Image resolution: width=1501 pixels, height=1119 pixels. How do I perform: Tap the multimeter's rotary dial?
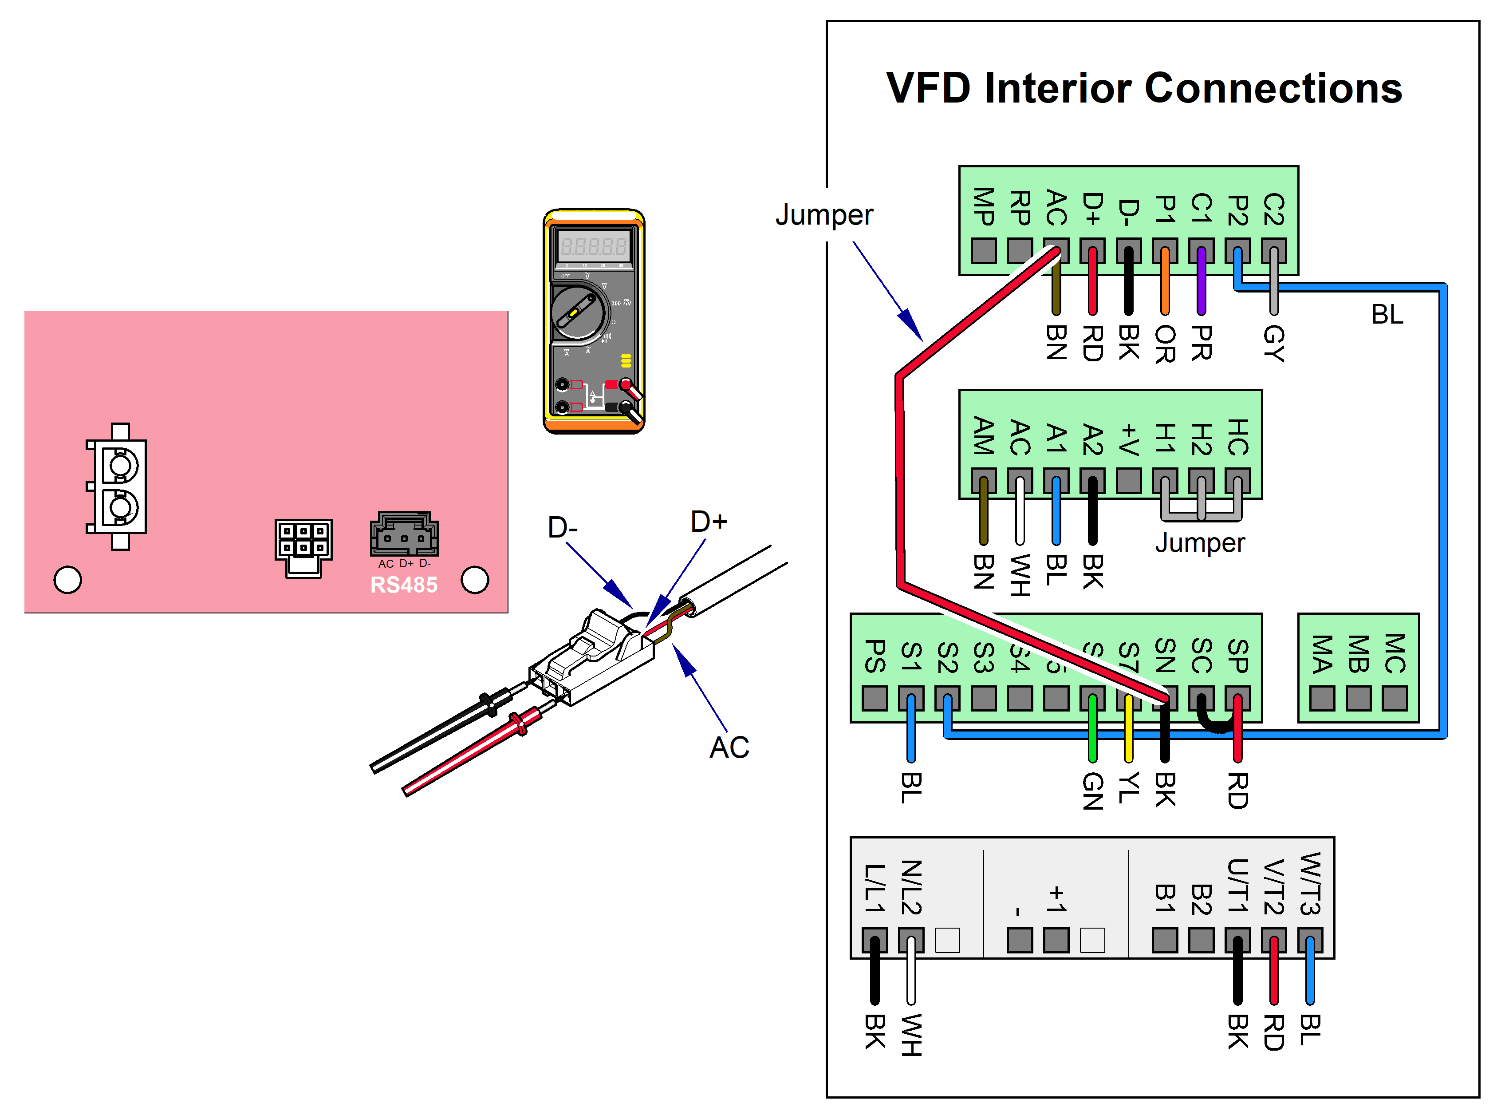pyautogui.click(x=578, y=312)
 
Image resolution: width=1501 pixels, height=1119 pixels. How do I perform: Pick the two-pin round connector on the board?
pyautogui.click(x=119, y=486)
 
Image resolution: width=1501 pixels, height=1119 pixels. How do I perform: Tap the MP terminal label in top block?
pyautogui.click(x=984, y=206)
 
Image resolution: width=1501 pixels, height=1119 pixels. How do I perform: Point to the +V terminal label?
pyautogui.click(x=1129, y=439)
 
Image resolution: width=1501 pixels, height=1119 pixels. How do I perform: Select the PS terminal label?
pyautogui.click(x=875, y=656)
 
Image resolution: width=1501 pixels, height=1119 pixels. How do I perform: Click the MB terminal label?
pyautogui.click(x=1358, y=654)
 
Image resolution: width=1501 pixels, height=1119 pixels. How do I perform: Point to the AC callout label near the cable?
pyautogui.click(x=729, y=747)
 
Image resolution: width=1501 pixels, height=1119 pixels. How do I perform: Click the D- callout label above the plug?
pyautogui.click(x=562, y=527)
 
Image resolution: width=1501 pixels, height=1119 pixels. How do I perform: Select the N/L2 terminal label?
pyautogui.click(x=911, y=887)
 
